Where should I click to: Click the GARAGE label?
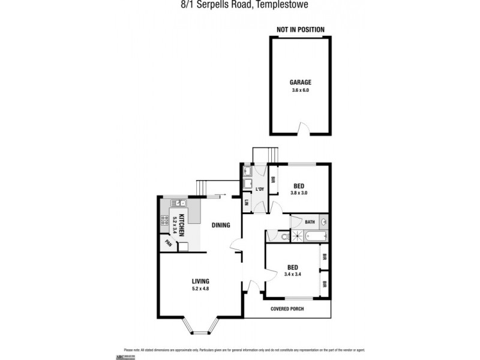300,82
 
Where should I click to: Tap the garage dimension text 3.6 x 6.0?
300,90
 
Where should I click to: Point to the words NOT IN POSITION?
300,29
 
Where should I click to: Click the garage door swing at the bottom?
305,129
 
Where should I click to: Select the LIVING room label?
200,281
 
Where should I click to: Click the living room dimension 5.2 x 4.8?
200,289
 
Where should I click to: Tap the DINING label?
221,226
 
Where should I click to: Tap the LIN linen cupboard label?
247,203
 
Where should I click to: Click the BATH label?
309,222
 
